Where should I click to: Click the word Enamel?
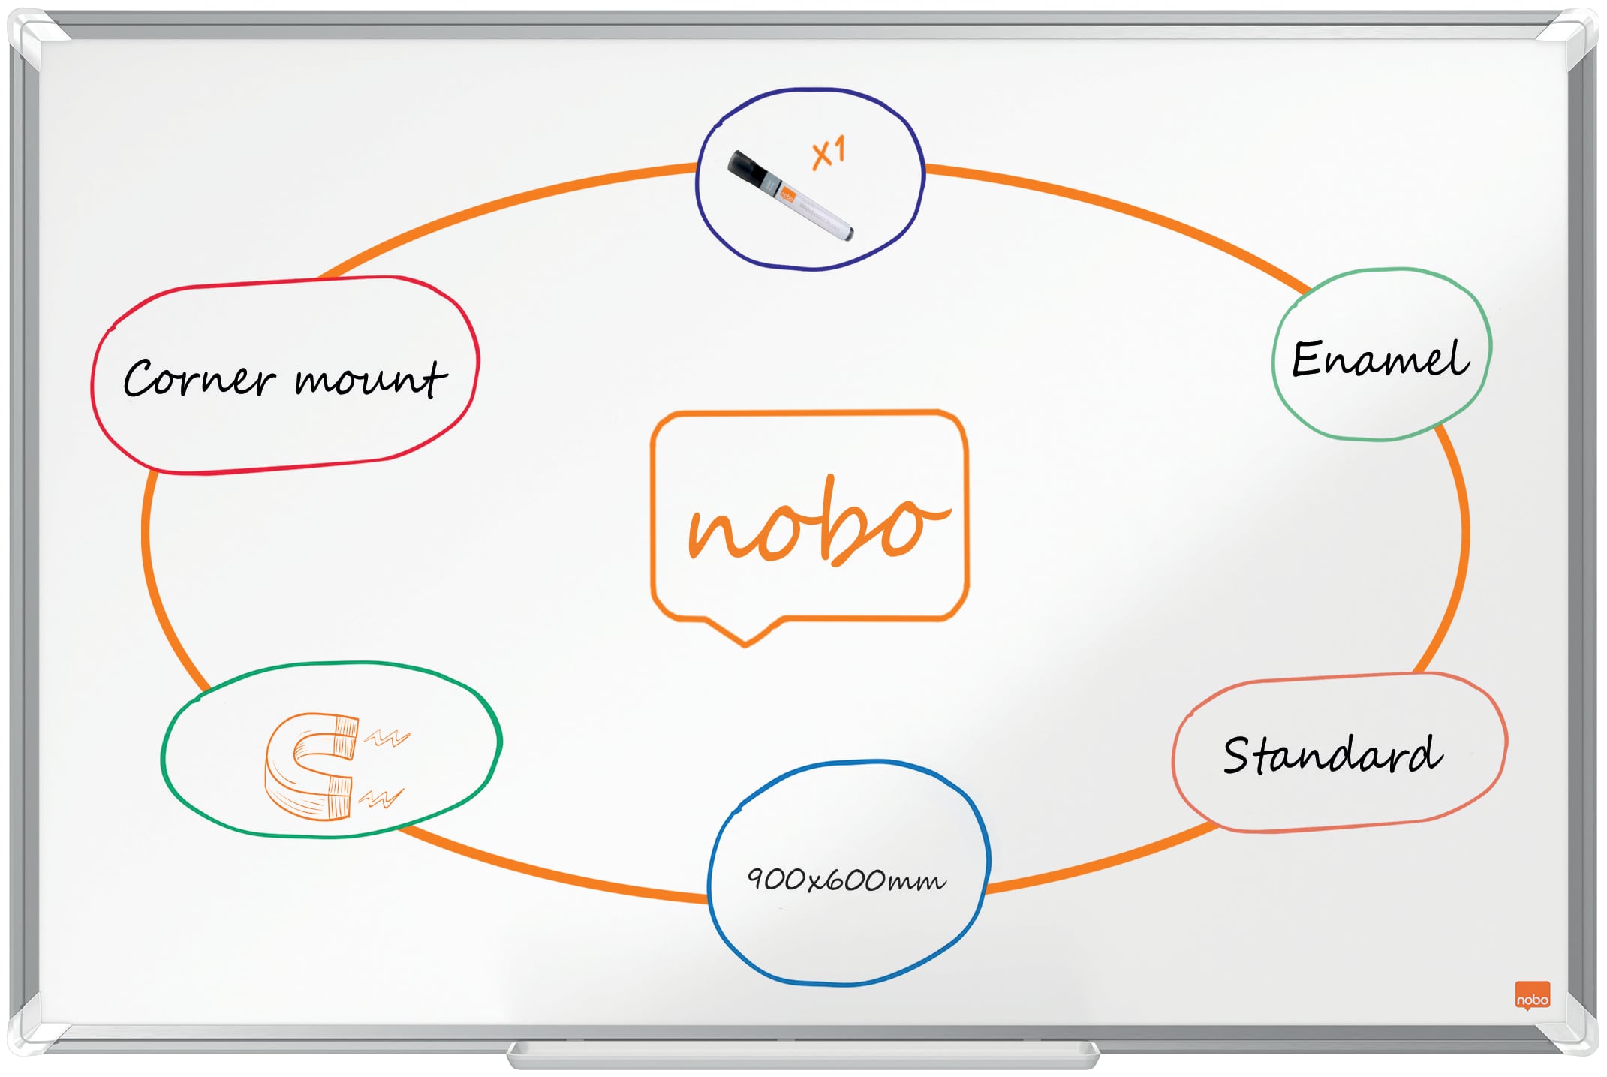[x=1380, y=359]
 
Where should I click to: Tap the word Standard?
[x=1332, y=754]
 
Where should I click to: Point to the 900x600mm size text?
[x=846, y=879]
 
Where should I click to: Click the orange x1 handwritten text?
[x=829, y=152]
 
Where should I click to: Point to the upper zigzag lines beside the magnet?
[x=387, y=738]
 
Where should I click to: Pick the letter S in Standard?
[x=1238, y=754]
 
